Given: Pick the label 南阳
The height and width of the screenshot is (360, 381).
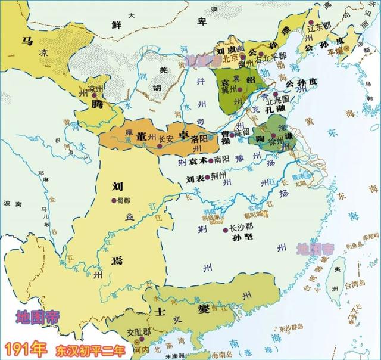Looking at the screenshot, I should point(222,160).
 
